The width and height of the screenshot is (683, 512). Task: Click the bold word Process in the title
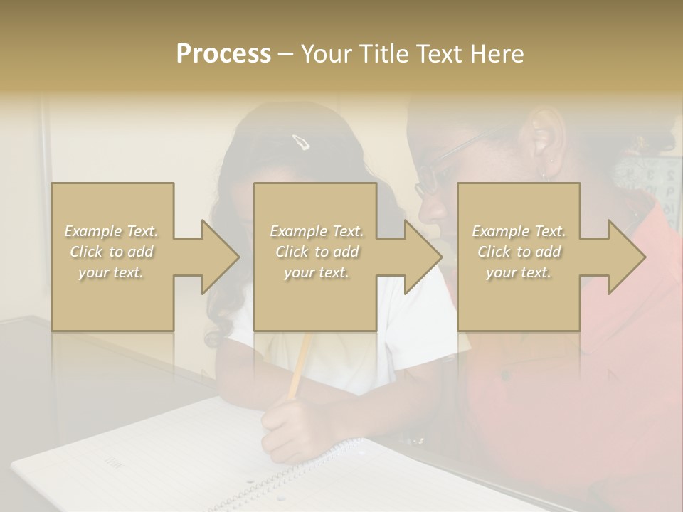coord(223,54)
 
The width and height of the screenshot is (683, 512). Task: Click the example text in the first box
coord(112,252)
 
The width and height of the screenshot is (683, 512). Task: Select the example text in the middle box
coord(317,252)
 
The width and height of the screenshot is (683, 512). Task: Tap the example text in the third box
coord(519,252)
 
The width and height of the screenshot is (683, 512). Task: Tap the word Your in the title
coord(324,54)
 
